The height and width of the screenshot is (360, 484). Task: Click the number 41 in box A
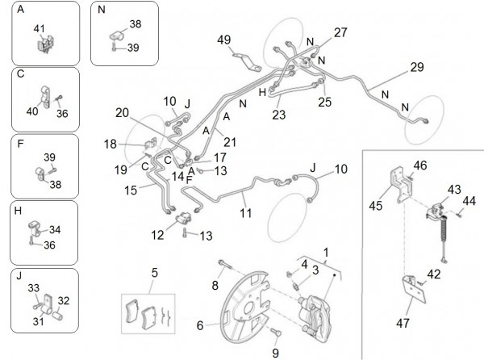(39, 28)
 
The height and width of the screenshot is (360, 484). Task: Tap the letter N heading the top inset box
(101, 10)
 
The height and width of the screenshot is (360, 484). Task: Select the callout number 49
(223, 40)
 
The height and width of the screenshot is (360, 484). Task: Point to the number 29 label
(416, 67)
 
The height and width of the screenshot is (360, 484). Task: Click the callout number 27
(340, 33)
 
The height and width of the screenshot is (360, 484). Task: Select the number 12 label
(156, 234)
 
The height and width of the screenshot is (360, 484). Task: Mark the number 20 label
(122, 112)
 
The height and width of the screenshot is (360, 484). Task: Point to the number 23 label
(279, 115)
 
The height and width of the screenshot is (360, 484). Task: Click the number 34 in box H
(55, 229)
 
